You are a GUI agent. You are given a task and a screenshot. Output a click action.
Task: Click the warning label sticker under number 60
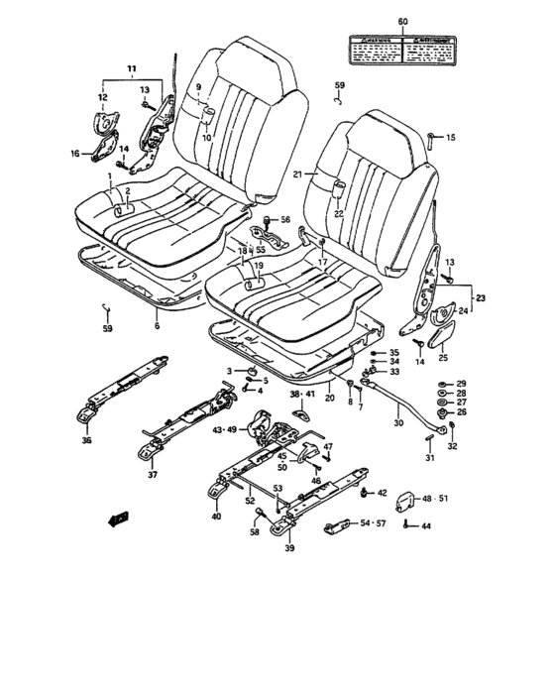point(402,47)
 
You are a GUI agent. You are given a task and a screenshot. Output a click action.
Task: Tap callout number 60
point(402,21)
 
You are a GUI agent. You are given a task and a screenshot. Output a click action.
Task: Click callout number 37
point(152,475)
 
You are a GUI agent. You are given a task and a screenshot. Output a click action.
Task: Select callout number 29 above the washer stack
point(459,383)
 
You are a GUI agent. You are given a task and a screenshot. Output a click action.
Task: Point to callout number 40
point(216,518)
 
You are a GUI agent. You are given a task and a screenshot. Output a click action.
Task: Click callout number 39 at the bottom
point(289,548)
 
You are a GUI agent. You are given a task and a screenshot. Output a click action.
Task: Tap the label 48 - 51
point(434,500)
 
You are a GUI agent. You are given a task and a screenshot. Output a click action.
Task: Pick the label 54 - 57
point(374,522)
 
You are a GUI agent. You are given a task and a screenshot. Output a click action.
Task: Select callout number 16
point(74,154)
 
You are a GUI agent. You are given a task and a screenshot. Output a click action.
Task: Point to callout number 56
point(285,220)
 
